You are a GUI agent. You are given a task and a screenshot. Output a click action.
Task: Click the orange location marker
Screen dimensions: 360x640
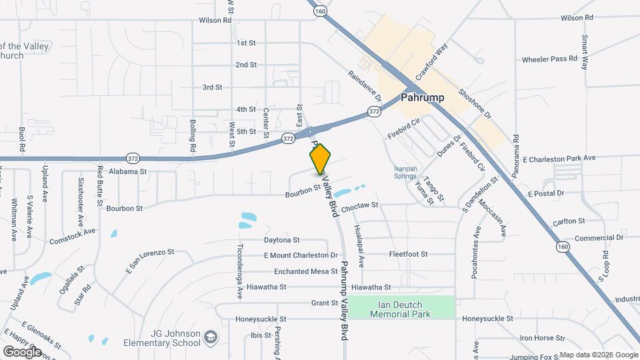(320, 159)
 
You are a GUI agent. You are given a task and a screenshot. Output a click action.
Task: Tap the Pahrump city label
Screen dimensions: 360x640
(423, 97)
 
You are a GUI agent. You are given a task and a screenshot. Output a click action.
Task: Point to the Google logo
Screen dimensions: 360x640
(23, 351)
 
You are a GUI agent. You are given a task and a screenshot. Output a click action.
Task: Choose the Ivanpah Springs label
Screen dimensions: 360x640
(409, 173)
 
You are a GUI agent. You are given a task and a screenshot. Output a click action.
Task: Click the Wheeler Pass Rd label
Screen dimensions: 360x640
(549, 59)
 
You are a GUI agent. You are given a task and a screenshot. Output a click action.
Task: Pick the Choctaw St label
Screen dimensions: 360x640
(359, 206)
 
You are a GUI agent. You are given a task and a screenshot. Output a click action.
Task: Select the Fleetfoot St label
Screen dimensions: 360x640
(408, 254)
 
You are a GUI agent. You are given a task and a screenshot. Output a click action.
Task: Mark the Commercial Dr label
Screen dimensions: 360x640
(599, 237)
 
